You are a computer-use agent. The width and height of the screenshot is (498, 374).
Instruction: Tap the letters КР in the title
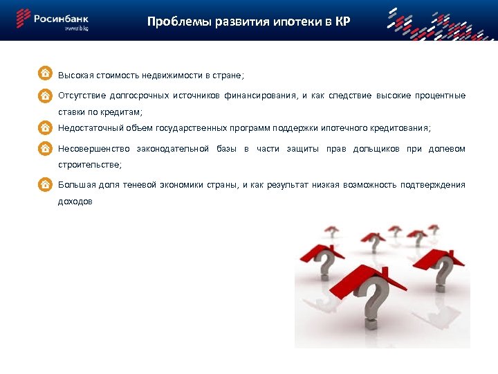click(342, 21)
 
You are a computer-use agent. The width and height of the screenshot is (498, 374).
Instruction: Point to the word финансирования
click(257, 96)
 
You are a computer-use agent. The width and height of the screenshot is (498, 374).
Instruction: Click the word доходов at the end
click(75, 202)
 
